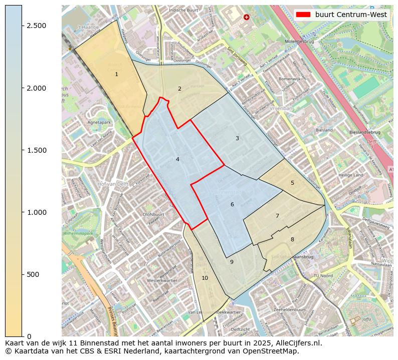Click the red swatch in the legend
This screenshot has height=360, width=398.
pos(303,15)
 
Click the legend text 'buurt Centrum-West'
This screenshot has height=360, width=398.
pos(351,15)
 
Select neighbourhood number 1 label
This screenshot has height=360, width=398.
pos(116,74)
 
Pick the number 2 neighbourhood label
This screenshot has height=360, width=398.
pos(179,89)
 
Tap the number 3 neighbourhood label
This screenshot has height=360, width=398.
pos(237,138)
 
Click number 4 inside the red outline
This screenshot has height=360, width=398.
pos(177,159)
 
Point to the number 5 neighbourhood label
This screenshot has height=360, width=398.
pos(292,183)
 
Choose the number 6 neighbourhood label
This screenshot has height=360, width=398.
pos(232,204)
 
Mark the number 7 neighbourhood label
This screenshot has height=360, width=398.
pos(277,216)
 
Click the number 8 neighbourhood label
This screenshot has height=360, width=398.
pos(292,239)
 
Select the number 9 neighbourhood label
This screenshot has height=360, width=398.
pos(232,262)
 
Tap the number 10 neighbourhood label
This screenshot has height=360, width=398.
pos(205,278)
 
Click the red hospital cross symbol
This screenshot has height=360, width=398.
pos(246,17)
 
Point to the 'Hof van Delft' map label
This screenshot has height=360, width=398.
pos(113,184)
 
